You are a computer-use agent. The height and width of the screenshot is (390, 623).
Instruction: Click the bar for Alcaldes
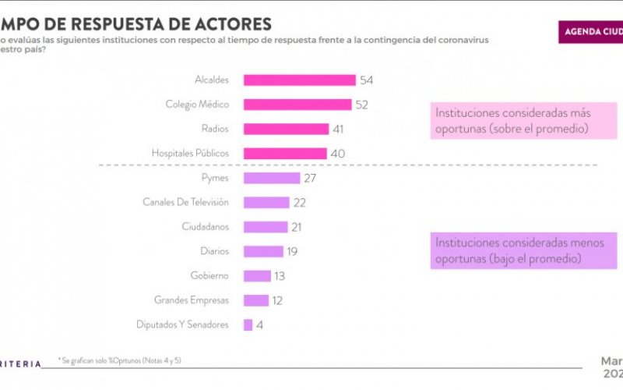pos(299,80)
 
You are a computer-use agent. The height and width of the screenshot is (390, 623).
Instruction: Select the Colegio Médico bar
pos(297,105)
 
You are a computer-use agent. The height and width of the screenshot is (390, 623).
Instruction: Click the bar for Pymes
pos(271,178)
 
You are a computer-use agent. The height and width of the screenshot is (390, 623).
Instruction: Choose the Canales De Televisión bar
pos(266,202)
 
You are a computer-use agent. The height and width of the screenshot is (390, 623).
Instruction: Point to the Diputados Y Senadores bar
pos(248,324)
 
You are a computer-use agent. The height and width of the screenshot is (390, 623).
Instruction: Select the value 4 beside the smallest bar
pos(259,325)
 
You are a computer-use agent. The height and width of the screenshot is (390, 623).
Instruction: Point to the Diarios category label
pos(212,251)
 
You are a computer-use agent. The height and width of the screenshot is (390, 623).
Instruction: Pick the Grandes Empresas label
pos(192,300)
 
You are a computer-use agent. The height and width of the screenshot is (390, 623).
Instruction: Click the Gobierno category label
pos(209,275)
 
